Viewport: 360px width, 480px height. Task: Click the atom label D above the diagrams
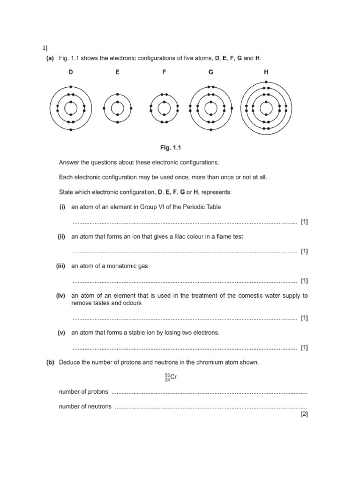[70, 72]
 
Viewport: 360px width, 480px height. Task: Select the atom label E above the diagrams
[117, 72]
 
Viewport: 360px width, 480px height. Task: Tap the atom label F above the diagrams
[164, 72]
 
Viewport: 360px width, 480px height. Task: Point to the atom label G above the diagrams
[210, 72]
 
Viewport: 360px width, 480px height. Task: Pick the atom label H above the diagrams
[266, 72]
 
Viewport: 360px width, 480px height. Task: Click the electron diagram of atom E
[117, 108]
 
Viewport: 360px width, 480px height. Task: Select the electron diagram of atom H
[266, 108]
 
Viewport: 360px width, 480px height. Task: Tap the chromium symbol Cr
[172, 376]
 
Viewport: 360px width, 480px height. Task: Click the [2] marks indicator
[304, 414]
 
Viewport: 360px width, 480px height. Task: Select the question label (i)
[61, 207]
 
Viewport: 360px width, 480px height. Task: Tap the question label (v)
[61, 332]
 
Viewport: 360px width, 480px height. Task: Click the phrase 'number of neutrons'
[85, 406]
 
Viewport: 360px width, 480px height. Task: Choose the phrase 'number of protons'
[83, 391]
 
